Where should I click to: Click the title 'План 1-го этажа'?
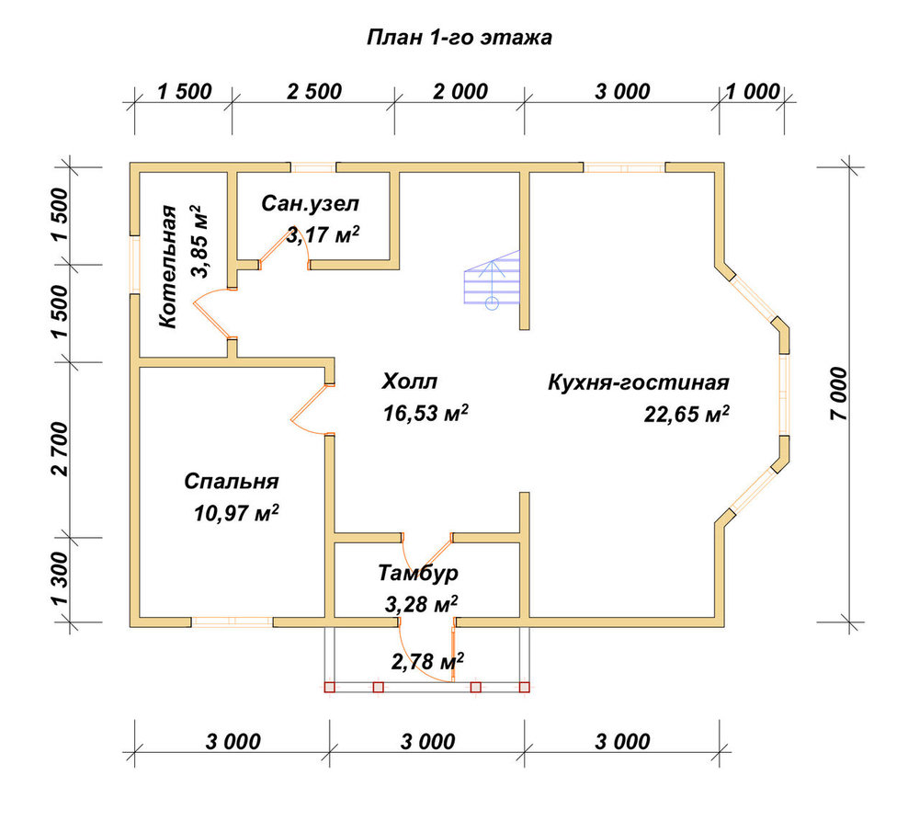(459, 38)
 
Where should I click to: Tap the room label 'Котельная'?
(167, 267)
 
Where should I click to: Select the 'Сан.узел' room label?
(310, 203)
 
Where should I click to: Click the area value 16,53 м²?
(425, 413)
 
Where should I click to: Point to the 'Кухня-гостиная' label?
(639, 382)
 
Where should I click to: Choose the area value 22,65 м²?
(686, 414)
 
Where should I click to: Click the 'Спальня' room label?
(232, 482)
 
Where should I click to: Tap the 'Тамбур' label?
(418, 573)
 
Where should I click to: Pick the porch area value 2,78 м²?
(428, 662)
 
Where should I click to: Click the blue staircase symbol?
(492, 279)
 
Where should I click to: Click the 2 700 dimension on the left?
(61, 450)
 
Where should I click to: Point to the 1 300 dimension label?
(61, 579)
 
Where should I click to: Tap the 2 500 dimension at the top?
(314, 92)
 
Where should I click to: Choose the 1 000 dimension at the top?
(754, 92)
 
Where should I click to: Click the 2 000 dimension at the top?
(460, 92)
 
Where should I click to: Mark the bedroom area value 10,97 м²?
(236, 513)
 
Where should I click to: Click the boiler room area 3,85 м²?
(199, 241)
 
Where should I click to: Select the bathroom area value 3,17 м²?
(323, 234)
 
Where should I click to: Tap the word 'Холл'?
(410, 382)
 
